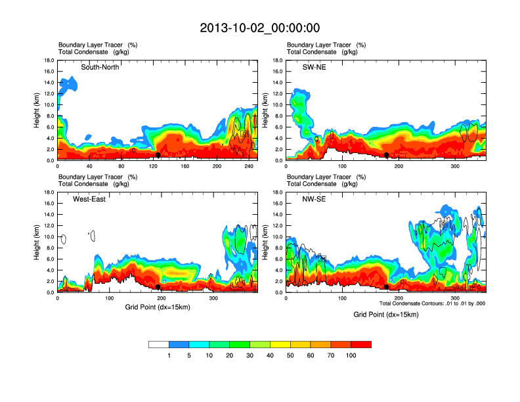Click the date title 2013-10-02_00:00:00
[259, 28]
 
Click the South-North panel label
[100, 67]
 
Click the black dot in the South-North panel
[158, 155]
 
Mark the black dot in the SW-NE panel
[387, 155]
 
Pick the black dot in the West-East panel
[158, 287]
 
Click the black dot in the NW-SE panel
[387, 287]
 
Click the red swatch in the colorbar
[361, 344]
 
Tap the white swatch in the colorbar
[159, 344]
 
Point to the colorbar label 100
[351, 355]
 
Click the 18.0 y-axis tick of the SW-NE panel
[278, 60]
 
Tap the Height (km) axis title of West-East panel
[37, 242]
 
